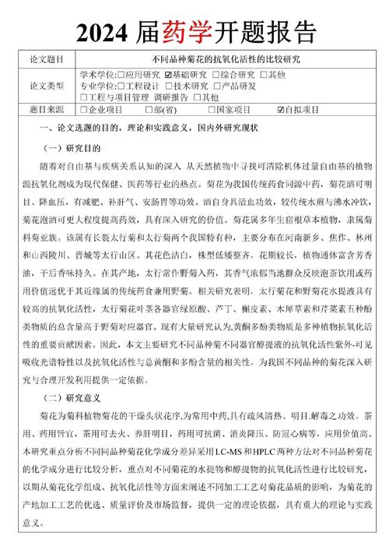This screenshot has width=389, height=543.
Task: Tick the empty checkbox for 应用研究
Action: click(121, 74)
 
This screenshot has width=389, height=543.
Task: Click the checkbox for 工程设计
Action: click(121, 86)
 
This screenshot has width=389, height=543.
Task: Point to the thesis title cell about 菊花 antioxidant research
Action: click(230, 59)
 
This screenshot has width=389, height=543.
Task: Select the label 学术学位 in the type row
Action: click(96, 74)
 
